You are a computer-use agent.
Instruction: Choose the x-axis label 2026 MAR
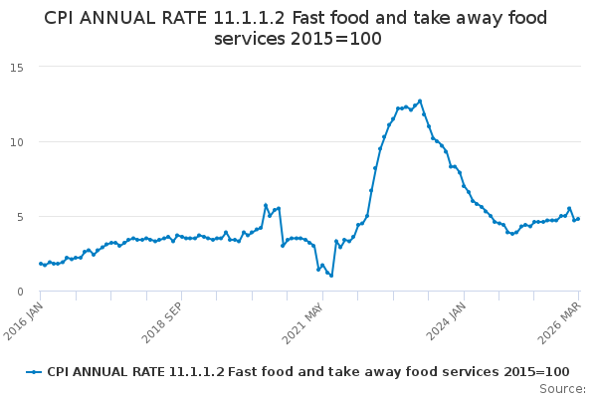pos(563,315)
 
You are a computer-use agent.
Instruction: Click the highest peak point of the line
pos(420,100)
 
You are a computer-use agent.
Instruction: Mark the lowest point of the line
pos(331,275)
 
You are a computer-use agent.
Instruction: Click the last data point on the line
pos(578,219)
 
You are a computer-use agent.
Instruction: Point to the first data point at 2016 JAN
pos(41,264)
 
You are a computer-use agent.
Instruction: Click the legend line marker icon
pos(35,371)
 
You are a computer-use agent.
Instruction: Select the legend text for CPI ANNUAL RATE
pos(307,371)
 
